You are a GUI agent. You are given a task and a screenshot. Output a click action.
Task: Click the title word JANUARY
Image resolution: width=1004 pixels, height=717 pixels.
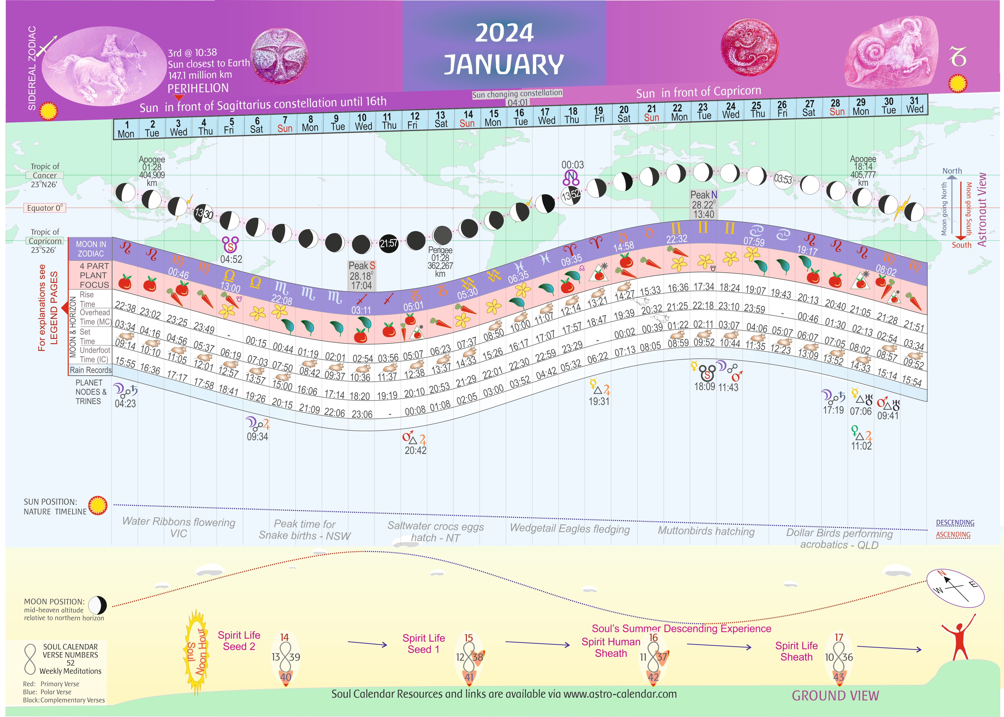(503, 64)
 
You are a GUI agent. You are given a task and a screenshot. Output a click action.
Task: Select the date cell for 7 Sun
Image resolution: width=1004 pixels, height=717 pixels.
(285, 125)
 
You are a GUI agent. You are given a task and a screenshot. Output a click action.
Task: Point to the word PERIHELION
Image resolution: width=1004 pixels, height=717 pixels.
(198, 88)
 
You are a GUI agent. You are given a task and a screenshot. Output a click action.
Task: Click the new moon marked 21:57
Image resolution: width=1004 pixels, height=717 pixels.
(388, 243)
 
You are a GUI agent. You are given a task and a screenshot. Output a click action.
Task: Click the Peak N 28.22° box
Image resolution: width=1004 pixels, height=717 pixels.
(704, 204)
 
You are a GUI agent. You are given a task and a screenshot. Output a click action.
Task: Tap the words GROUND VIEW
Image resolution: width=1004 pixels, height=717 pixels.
(835, 696)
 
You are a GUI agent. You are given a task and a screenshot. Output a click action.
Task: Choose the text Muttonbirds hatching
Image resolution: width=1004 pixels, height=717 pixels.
(706, 531)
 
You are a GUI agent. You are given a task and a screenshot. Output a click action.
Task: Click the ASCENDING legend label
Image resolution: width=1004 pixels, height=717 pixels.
(953, 535)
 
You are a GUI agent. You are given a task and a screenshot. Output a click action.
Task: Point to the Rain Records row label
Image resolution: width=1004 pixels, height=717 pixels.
(91, 370)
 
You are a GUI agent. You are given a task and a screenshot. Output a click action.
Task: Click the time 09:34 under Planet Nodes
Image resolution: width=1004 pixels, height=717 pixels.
(257, 437)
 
